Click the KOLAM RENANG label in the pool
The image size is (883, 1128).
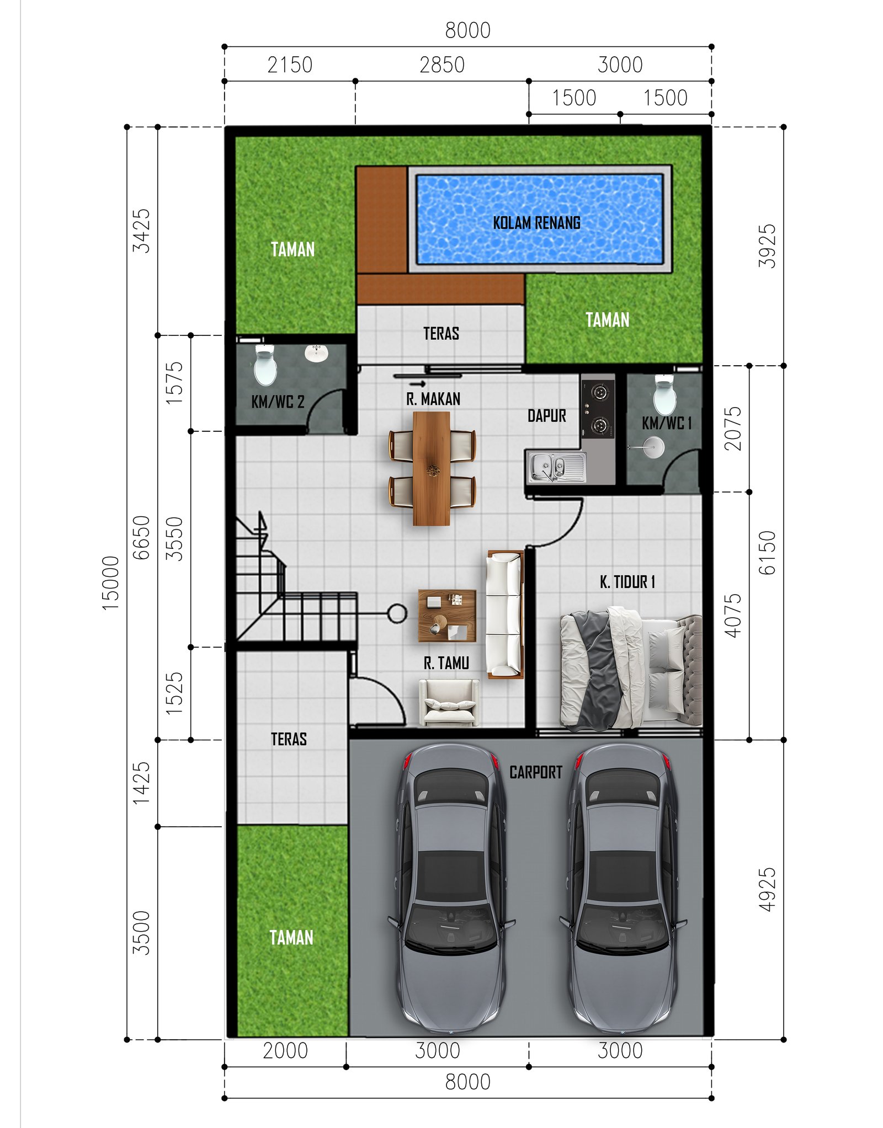coord(536,223)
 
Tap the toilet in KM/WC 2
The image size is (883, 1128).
coord(265,365)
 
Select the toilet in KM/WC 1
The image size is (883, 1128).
coord(664,395)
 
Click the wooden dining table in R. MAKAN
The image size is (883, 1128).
coord(432,469)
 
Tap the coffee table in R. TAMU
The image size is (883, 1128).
coord(446,616)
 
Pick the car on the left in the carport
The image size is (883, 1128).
coord(451,888)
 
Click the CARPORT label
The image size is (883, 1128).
coord(535,772)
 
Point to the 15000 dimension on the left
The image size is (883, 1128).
coord(110,582)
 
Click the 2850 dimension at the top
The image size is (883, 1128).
coord(441,65)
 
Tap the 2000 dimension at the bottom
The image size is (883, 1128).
coord(285,1051)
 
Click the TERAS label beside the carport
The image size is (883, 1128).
coord(289,739)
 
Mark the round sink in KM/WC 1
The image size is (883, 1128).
coord(653,447)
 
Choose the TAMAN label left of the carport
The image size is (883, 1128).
coord(291,938)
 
